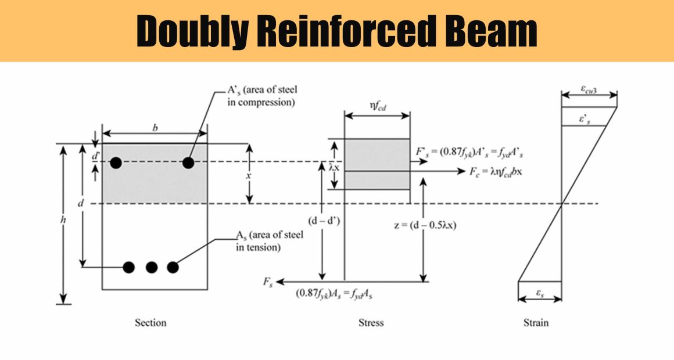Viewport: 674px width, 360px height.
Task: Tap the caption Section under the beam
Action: coord(150,323)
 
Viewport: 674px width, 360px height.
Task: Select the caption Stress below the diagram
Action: coord(371,323)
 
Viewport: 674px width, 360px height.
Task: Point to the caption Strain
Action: coord(536,323)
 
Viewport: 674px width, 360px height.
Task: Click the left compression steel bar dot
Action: coord(116,163)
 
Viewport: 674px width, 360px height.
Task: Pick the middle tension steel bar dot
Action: coord(151,268)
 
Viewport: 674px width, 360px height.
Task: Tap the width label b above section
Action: coord(155,128)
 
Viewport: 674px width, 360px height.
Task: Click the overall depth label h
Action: coord(63,219)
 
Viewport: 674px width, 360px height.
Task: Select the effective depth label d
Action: coord(80,203)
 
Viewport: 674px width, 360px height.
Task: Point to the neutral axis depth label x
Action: coord(249,176)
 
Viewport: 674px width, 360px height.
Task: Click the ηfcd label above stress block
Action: coord(377,106)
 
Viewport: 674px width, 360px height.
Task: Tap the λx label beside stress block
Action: coord(334,168)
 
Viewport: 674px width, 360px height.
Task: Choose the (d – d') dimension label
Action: coord(324,221)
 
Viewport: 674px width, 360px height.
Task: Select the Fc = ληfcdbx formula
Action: coord(496,172)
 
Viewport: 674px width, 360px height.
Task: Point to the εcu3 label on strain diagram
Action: coord(589,89)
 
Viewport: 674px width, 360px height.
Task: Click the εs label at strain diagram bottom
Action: coord(540,293)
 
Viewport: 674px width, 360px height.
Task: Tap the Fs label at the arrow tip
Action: coord(268,282)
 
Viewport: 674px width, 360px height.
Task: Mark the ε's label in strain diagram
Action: coord(585,120)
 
